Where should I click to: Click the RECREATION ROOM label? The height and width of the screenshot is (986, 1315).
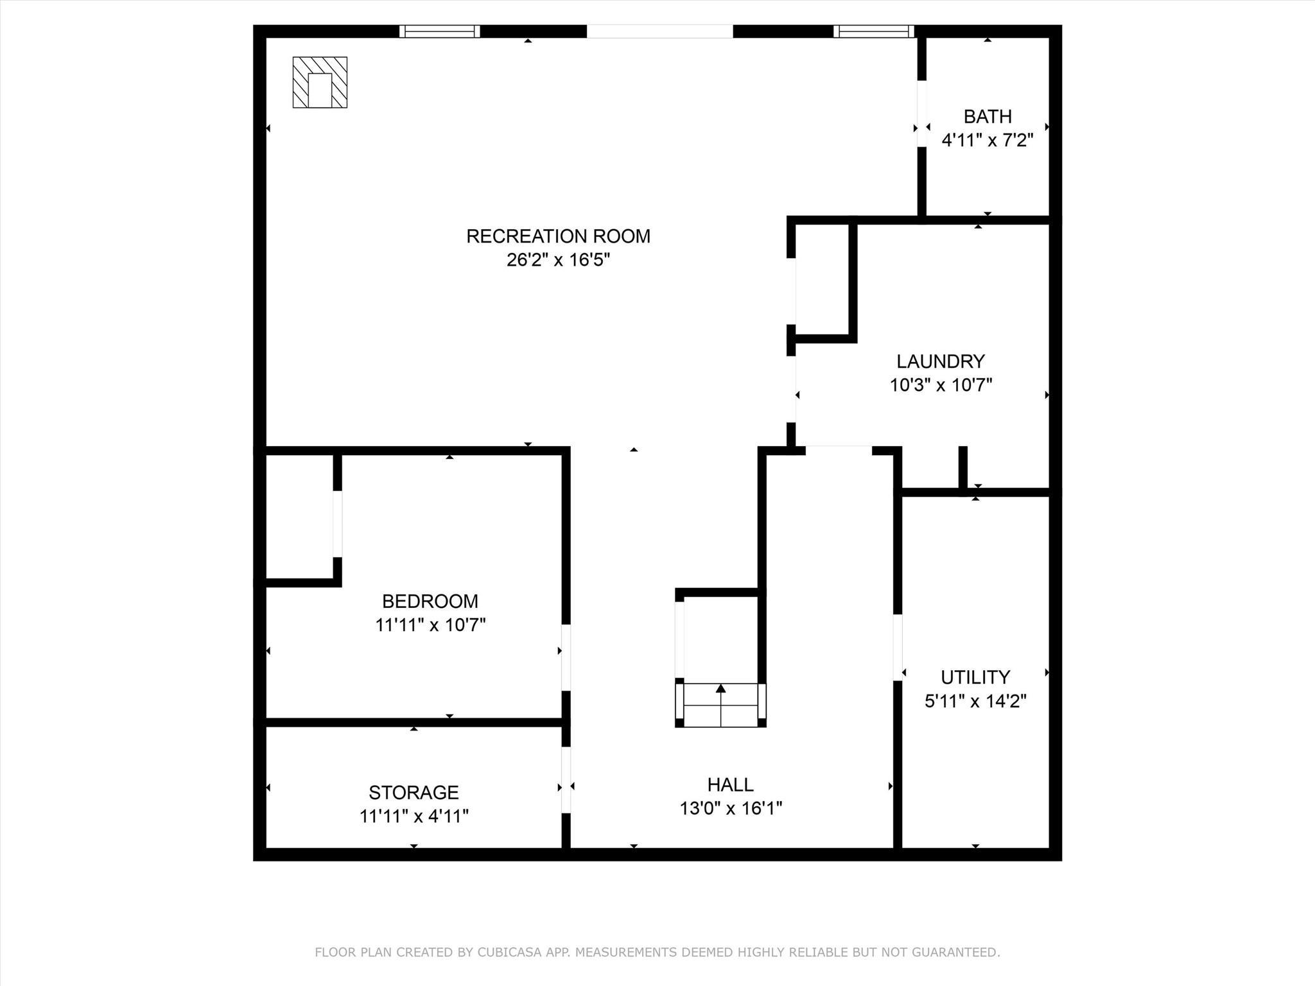coord(558,236)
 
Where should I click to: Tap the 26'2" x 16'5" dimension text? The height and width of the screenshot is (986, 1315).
coord(558,260)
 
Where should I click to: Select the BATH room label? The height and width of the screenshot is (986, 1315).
coord(988,116)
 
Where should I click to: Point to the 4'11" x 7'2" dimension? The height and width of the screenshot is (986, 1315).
coord(988,140)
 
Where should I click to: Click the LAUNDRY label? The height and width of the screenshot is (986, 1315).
coord(941,361)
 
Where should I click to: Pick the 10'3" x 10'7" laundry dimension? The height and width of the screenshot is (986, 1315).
coord(941,385)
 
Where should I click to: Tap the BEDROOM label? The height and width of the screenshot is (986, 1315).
coord(430,601)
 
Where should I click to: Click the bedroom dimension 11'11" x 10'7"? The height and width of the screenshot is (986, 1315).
coord(430,625)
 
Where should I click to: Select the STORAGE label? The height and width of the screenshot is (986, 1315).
coord(414,792)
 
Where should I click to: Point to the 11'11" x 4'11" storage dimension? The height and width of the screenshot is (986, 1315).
coord(414,817)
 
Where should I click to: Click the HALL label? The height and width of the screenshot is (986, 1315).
coord(731,784)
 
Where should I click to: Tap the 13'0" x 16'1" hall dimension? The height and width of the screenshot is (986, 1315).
coord(731,808)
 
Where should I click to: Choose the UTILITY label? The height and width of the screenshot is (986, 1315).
coord(975,677)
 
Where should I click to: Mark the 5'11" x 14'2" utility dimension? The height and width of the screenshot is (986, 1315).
coord(975,701)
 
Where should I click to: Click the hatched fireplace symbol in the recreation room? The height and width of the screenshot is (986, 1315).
coord(320,82)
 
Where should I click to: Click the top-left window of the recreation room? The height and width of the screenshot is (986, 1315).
coord(440,31)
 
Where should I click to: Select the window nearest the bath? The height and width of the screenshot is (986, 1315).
coord(874,31)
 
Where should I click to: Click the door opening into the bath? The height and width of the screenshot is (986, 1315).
coord(922,114)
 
